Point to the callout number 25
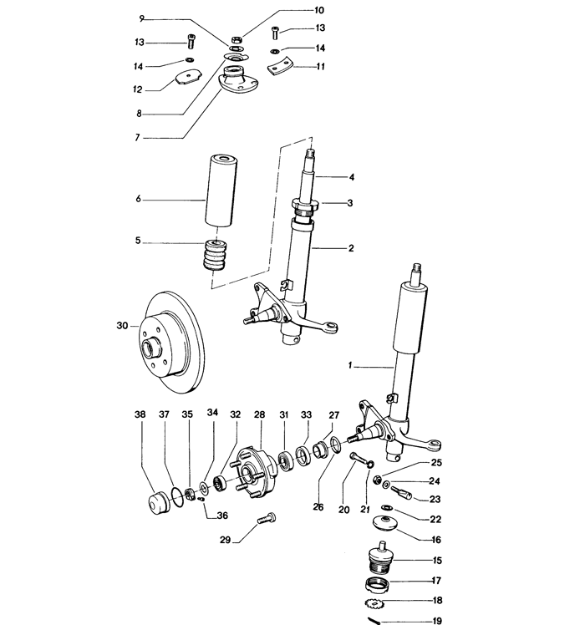(436, 463)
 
